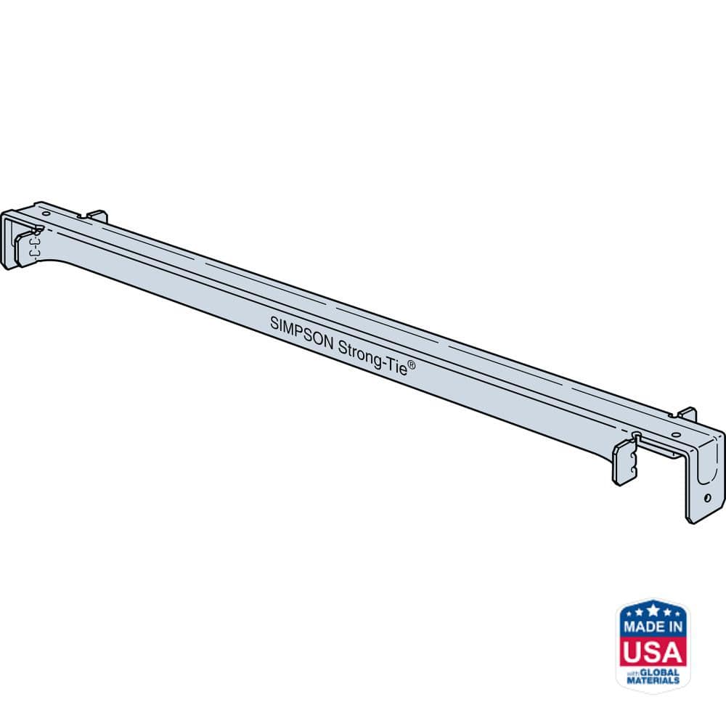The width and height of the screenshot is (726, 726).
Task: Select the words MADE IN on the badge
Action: [653, 627]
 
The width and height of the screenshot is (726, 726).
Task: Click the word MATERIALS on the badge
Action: [653, 681]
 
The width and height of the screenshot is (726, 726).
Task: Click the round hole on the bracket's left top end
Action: [45, 215]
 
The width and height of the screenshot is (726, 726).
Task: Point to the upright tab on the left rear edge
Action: [98, 216]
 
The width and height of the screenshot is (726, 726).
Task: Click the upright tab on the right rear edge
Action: [686, 415]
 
